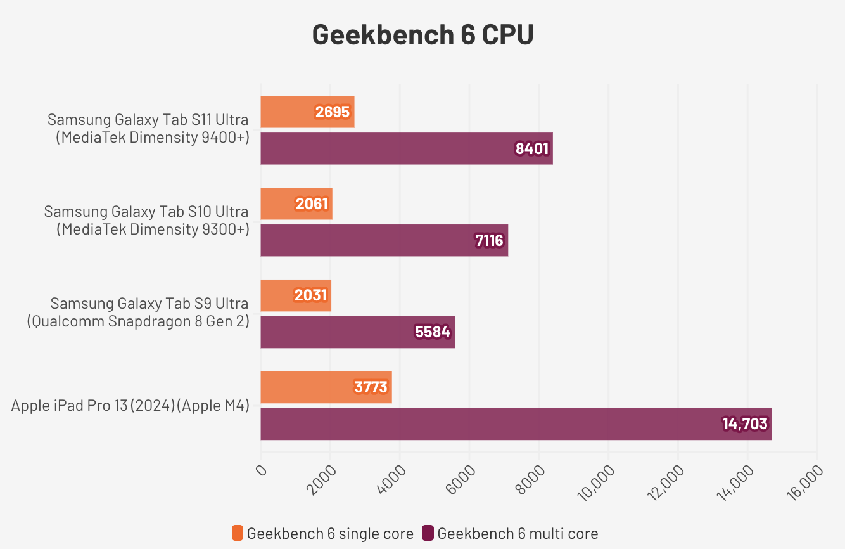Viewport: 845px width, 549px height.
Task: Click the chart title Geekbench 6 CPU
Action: coord(422,35)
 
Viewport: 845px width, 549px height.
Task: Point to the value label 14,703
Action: coord(745,424)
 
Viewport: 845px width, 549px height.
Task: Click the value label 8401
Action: coord(532,149)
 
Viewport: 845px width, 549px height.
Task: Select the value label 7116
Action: coord(488,240)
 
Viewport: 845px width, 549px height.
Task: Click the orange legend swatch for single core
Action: coord(238,533)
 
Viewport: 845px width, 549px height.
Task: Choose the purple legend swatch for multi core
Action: coord(428,533)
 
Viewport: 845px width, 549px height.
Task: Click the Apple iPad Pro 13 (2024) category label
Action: coord(130,406)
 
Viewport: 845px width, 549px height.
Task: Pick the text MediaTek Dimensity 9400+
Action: coord(152,138)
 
